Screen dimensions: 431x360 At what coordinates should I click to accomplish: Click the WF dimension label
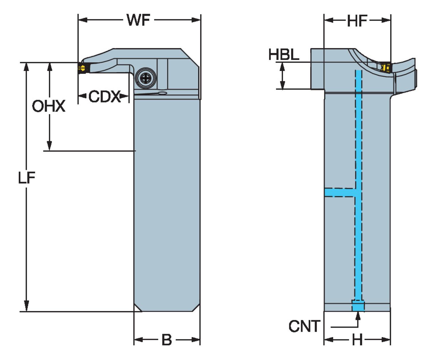(138, 20)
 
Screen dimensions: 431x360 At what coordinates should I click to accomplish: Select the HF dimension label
(357, 21)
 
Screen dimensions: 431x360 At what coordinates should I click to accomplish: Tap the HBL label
(284, 55)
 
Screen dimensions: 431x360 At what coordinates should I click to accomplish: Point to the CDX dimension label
(104, 96)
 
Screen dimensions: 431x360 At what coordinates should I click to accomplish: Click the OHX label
(49, 106)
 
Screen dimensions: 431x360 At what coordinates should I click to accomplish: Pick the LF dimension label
(27, 178)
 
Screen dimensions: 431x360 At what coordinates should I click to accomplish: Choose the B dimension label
(167, 340)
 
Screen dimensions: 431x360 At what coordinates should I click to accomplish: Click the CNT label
(305, 326)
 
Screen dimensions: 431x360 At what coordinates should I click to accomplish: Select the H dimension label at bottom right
(357, 340)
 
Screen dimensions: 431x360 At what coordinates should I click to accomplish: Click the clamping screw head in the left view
(146, 78)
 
